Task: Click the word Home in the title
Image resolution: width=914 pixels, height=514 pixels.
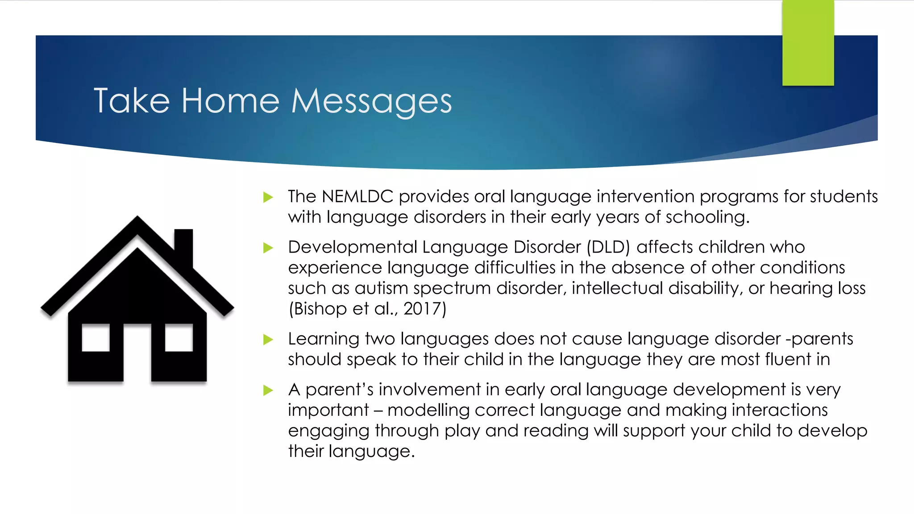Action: click(x=230, y=101)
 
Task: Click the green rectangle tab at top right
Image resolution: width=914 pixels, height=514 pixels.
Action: click(x=808, y=43)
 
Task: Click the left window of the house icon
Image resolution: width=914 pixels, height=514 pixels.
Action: click(x=96, y=338)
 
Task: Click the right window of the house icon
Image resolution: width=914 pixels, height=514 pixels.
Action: click(x=179, y=338)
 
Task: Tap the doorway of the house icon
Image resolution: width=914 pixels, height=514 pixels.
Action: click(x=137, y=355)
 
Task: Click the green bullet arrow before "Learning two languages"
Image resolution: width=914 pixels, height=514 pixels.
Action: click(x=268, y=340)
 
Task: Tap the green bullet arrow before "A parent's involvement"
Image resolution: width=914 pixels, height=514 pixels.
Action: click(x=268, y=390)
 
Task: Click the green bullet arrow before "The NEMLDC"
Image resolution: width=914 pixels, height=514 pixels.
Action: click(x=268, y=197)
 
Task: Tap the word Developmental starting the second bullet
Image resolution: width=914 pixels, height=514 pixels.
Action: click(x=353, y=247)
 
